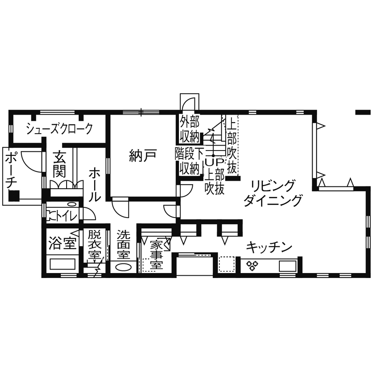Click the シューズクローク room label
pos(59,129)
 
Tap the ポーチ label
pos(12,171)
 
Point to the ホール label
pos(95,185)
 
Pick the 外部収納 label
pos(189,127)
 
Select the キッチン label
pos(269,246)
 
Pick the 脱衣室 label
pos(95,245)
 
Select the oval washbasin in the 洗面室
pos(123,267)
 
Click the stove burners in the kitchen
pos(253,265)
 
